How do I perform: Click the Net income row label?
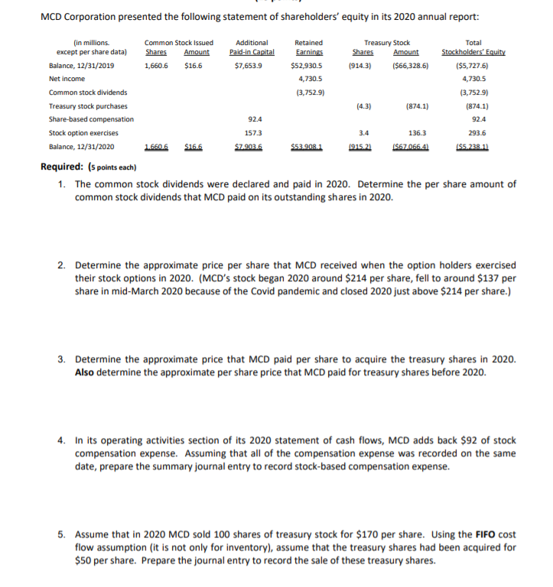pos(64,78)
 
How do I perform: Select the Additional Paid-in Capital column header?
pos(252,47)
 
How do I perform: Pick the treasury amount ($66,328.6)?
pos(410,66)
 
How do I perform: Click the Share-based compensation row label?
pos(91,119)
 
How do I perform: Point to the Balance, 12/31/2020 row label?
pos(82,146)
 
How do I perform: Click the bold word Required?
pos(63,167)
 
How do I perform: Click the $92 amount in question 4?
pos(430,440)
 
